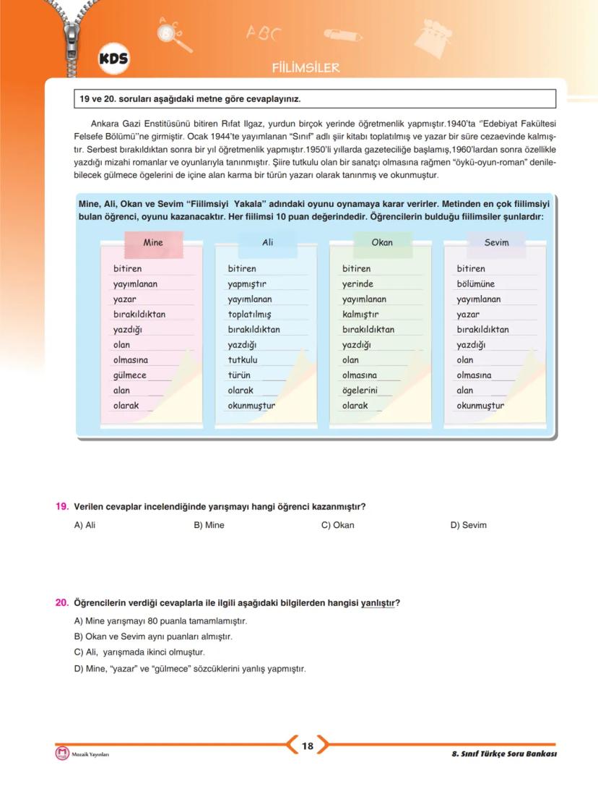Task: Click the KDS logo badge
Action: [x=113, y=61]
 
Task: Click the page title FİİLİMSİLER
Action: [x=305, y=68]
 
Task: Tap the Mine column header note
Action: [x=153, y=243]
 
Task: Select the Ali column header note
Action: [x=267, y=243]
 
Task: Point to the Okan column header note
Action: [x=381, y=243]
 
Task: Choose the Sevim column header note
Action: [x=496, y=243]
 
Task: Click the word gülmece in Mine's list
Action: [x=130, y=375]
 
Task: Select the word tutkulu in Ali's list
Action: [x=243, y=360]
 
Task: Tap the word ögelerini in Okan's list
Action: [x=360, y=390]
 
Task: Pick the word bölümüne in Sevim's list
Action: [x=476, y=284]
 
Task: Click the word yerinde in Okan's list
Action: [x=357, y=284]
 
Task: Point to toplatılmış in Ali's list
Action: [x=249, y=315]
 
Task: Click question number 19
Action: [x=62, y=506]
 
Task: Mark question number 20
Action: [x=62, y=603]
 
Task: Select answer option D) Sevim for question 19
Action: [x=469, y=525]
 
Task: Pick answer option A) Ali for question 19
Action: [x=85, y=525]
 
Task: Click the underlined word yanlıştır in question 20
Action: [x=378, y=603]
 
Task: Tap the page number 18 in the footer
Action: [x=308, y=746]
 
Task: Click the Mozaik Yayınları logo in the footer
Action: [x=62, y=754]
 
